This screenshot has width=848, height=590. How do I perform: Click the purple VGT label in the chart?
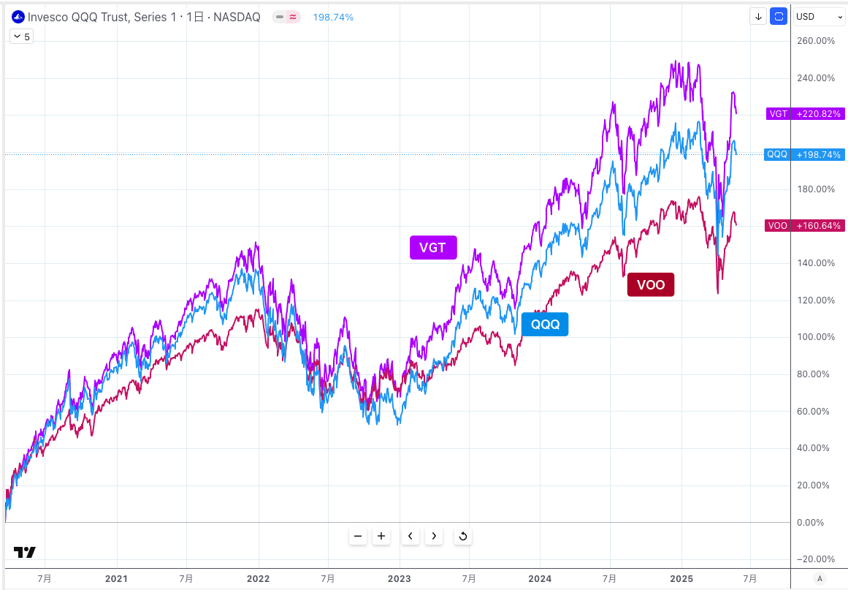pos(432,248)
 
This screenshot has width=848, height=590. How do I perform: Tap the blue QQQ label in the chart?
pos(545,324)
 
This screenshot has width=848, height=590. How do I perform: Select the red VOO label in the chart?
pos(651,284)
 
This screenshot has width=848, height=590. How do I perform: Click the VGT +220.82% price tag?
pos(805,114)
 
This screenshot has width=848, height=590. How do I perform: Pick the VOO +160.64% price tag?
pos(805,226)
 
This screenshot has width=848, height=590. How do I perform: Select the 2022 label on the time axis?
pos(259,578)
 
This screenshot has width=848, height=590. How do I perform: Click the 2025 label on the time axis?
pos(681,578)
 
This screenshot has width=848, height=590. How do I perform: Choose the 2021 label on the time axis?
pos(116,578)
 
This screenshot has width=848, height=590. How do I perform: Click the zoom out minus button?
pos(358,537)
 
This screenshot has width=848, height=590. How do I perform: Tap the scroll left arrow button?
pos(410,537)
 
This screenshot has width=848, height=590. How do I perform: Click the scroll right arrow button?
pos(434,537)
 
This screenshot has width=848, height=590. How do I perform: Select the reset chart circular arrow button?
pos(462,537)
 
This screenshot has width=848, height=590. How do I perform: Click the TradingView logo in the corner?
pos(24,553)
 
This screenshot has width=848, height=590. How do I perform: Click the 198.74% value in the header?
pos(333,17)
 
